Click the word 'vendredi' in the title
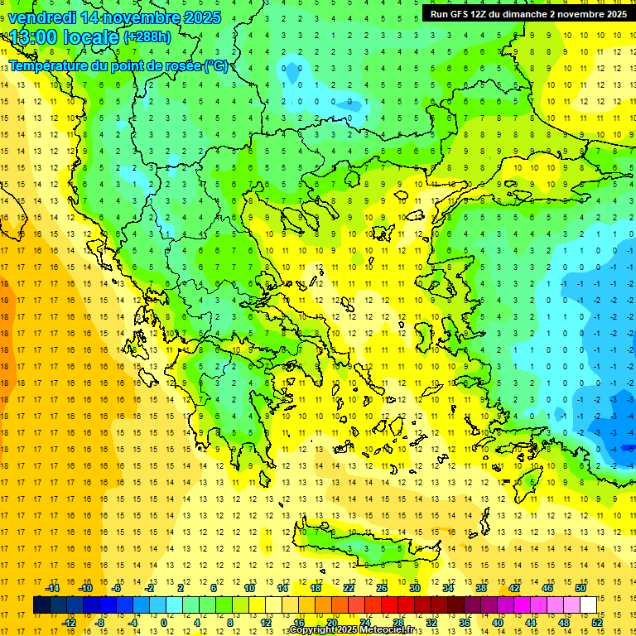click(x=42, y=17)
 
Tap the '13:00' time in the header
click(x=33, y=38)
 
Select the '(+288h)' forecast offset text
click(x=147, y=37)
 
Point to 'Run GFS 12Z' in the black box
click(x=456, y=14)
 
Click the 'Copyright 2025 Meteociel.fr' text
click(x=351, y=630)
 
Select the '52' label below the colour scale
click(x=597, y=623)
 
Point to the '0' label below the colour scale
click(x=163, y=623)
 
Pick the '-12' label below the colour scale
click(x=69, y=623)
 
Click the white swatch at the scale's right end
click(x=588, y=605)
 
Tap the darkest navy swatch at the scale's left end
click(x=41, y=605)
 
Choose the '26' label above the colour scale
click(x=382, y=588)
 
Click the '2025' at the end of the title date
click(x=200, y=17)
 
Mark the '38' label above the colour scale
click(x=481, y=588)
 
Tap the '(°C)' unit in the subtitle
click(x=216, y=65)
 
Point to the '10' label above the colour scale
click(x=249, y=588)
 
